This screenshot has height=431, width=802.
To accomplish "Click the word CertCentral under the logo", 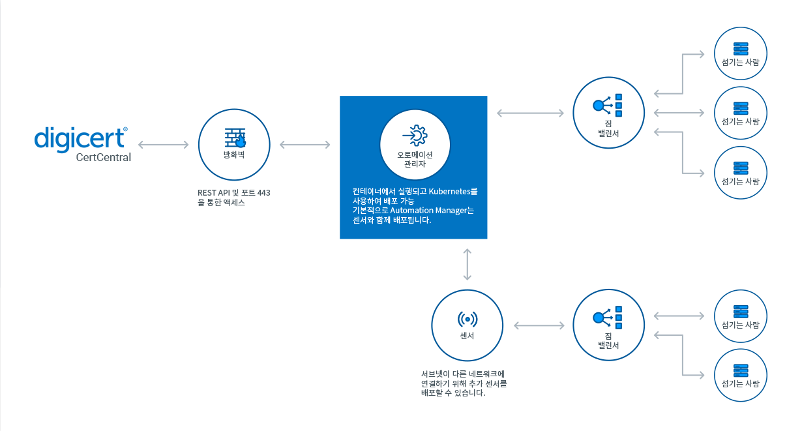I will click(103, 157).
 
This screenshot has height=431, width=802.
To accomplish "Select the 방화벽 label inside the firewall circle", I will click(234, 155).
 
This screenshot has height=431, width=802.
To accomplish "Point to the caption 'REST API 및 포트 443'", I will click(234, 192).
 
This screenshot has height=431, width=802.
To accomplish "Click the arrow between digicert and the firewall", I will click(164, 144).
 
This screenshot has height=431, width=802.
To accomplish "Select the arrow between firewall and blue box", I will click(304, 144).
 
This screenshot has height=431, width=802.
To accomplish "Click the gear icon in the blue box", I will click(415, 135).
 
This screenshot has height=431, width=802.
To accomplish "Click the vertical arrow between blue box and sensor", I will click(468, 264).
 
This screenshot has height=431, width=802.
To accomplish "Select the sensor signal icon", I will click(467, 319).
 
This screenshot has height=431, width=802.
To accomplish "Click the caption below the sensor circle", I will click(464, 384).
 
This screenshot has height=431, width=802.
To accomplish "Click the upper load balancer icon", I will click(608, 105).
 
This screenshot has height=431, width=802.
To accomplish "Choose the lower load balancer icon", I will click(608, 317).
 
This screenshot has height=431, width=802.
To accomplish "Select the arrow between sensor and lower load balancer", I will click(539, 325).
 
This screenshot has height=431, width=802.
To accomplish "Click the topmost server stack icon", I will click(740, 49).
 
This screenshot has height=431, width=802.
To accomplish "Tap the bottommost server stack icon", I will click(740, 369).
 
